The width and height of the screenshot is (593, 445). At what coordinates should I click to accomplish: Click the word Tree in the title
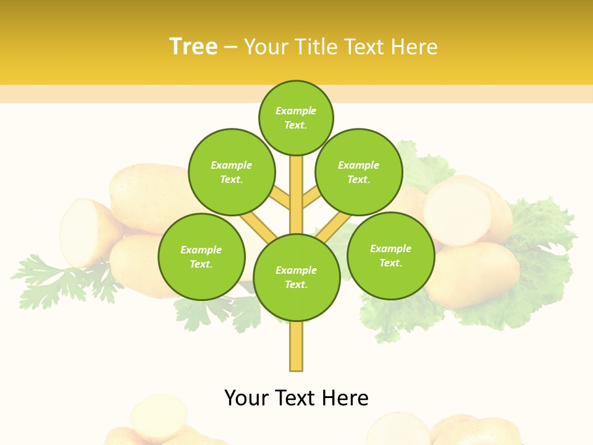[193, 47]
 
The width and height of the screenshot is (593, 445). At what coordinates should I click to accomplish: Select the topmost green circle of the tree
[296, 117]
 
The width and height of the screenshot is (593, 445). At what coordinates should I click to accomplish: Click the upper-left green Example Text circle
[231, 172]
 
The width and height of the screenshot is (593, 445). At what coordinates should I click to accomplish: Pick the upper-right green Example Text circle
[358, 172]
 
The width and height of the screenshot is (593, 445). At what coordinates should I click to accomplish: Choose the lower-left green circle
[201, 256]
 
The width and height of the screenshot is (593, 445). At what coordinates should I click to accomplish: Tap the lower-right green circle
[390, 255]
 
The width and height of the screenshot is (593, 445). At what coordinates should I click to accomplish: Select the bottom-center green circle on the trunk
[296, 278]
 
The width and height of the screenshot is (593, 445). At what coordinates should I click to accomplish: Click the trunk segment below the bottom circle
[296, 346]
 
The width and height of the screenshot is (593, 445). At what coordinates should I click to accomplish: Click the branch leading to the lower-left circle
[258, 227]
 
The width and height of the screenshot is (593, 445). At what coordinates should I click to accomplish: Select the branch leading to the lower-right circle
[334, 227]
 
